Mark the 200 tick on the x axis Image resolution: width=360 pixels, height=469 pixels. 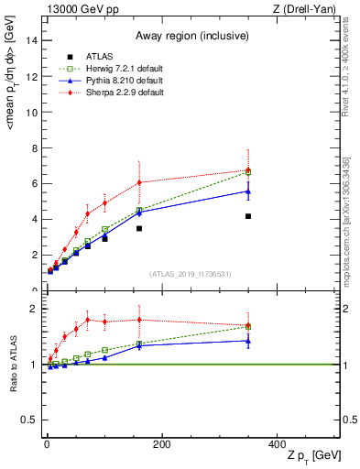[x=161, y=444]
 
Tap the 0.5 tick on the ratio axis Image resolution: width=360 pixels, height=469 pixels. [x=29, y=420]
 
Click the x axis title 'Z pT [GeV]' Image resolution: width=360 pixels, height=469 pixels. [x=308, y=456]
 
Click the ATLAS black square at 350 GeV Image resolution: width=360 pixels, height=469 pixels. [x=248, y=216]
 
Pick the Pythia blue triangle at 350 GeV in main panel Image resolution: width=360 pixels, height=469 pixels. [x=248, y=191]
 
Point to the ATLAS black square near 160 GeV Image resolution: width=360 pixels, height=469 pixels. [x=139, y=228]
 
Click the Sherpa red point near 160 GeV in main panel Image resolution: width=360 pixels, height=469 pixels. [x=139, y=182]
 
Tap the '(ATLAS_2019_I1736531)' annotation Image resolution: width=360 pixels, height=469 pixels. [x=191, y=274]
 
